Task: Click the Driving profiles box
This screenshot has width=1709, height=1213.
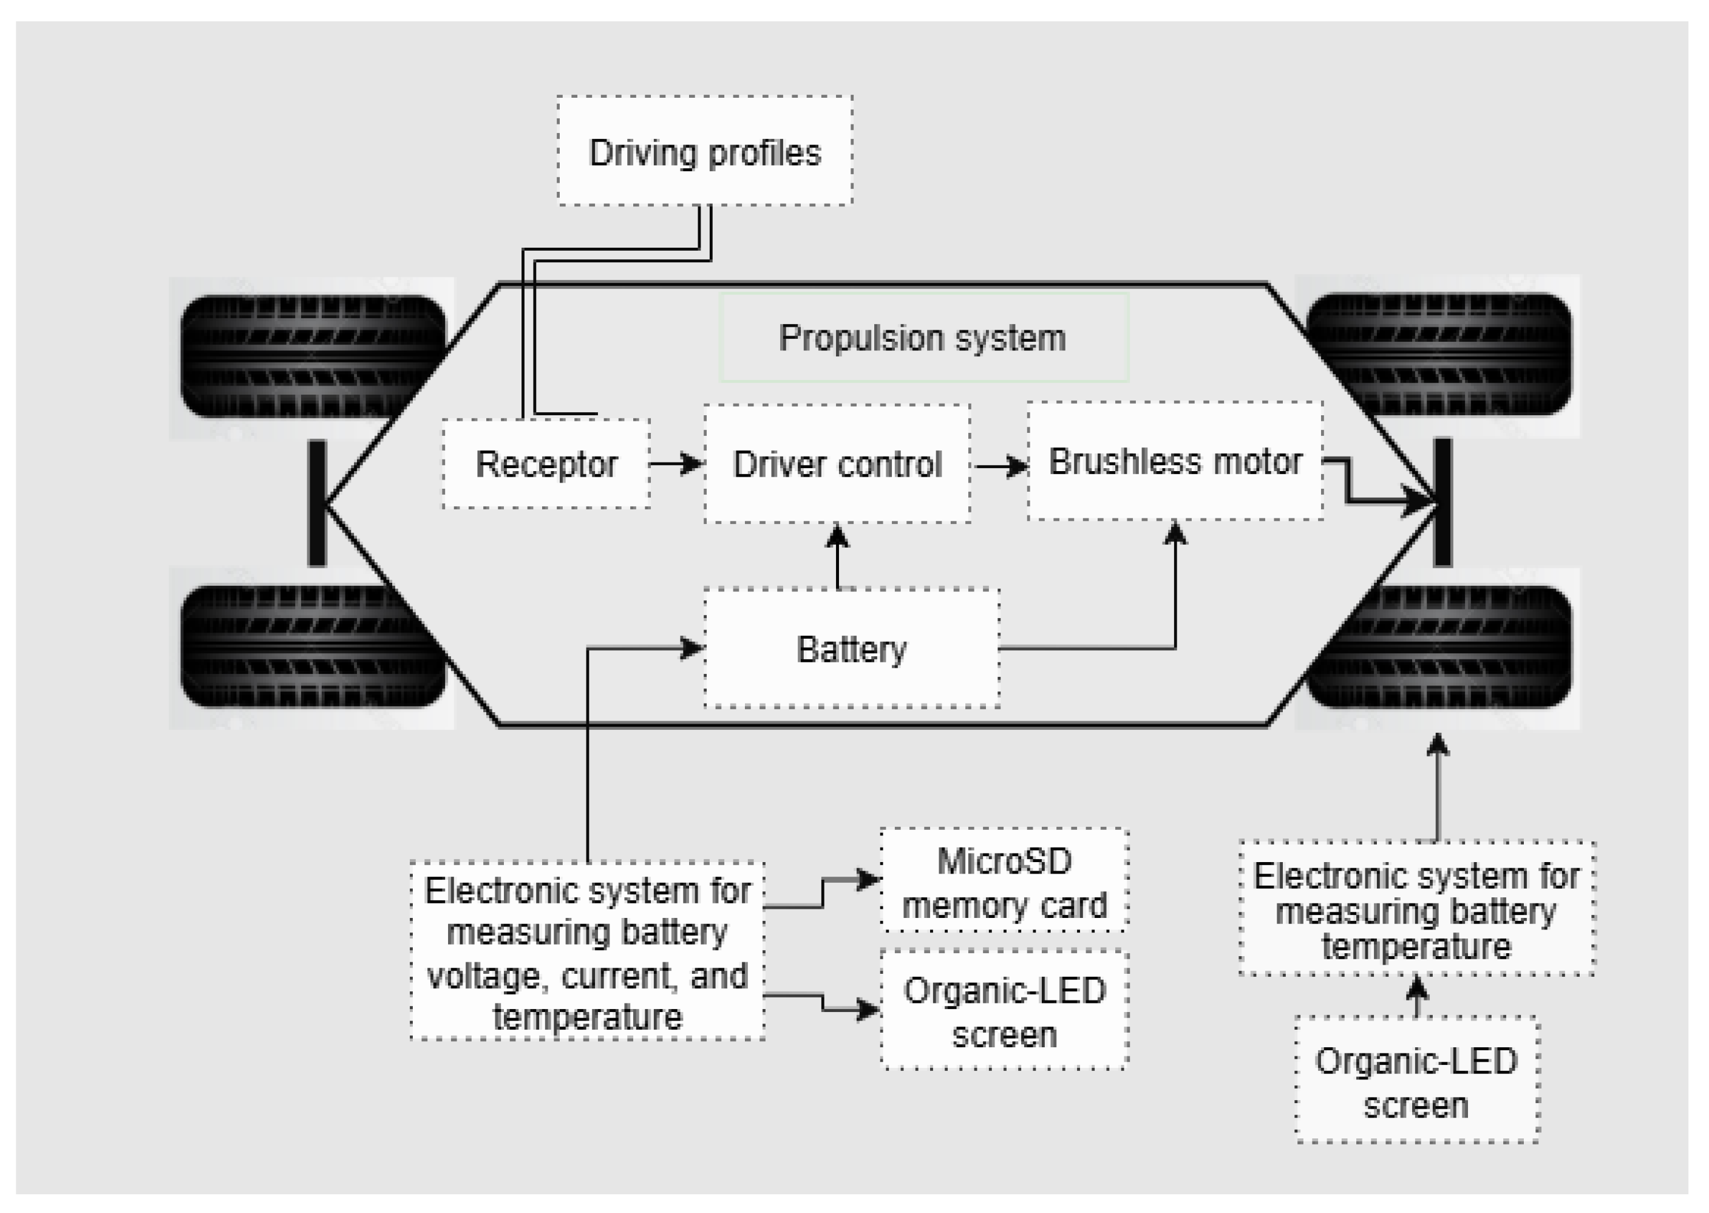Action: (x=705, y=150)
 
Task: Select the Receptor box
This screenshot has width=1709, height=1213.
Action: (x=546, y=464)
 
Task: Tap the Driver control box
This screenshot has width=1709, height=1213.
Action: (x=837, y=464)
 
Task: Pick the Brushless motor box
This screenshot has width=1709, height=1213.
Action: (x=1175, y=461)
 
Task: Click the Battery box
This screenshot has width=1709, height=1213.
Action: (x=852, y=648)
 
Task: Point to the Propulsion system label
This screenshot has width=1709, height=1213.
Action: (x=923, y=338)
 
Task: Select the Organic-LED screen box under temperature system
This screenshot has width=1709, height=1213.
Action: (x=1417, y=1080)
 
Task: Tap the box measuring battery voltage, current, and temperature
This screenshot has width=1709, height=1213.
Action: (x=588, y=950)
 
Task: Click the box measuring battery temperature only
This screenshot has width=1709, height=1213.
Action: (x=1417, y=908)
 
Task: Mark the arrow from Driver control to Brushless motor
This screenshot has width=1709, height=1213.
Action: (x=1000, y=467)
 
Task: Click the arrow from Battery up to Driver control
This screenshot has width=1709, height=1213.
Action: (x=837, y=557)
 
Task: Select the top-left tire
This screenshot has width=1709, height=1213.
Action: (x=314, y=356)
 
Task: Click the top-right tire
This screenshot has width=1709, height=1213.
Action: (x=1439, y=354)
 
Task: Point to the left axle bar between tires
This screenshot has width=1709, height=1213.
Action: (x=318, y=503)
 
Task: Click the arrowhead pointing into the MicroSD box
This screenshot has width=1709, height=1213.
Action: (x=869, y=880)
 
